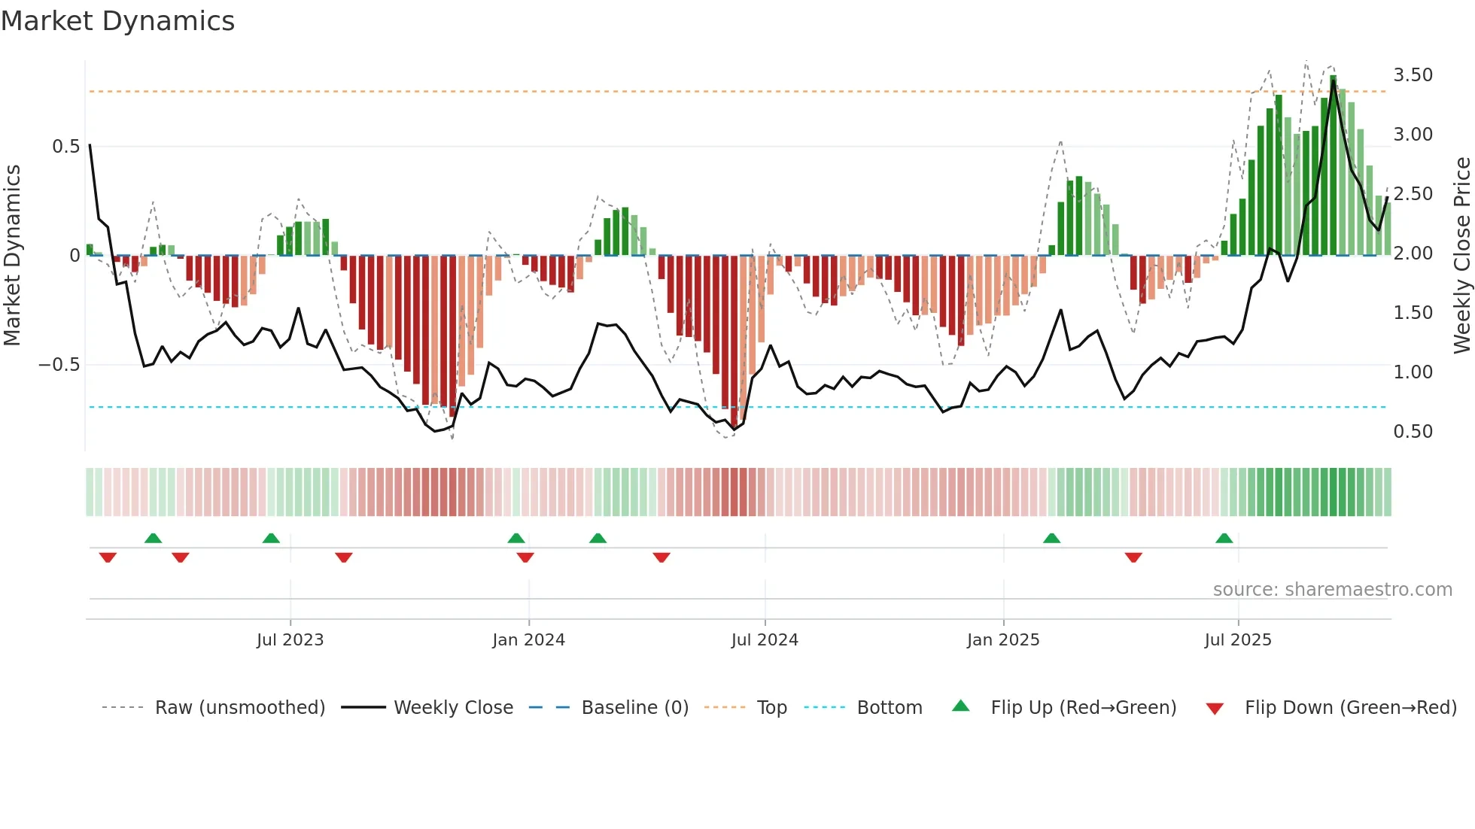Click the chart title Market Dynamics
[117, 21]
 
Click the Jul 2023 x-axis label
[290, 640]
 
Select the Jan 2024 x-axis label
[528, 640]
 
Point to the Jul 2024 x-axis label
[765, 640]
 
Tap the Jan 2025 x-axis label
[1003, 640]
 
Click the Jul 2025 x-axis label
[1238, 640]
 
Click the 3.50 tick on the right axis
[1413, 75]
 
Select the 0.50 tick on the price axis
[1413, 432]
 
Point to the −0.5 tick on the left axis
[59, 365]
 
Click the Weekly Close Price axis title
[1461, 255]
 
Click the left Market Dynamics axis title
[13, 255]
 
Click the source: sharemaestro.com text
[1332, 590]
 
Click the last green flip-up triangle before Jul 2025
[1224, 539]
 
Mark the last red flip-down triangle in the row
[1133, 557]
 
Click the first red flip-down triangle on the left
[108, 557]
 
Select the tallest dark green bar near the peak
[1333, 165]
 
